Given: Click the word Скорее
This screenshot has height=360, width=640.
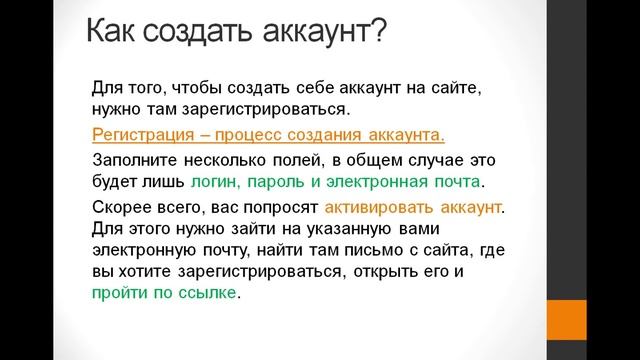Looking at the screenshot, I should coord(122,208).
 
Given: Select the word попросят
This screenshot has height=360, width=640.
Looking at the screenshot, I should coord(280,208).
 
